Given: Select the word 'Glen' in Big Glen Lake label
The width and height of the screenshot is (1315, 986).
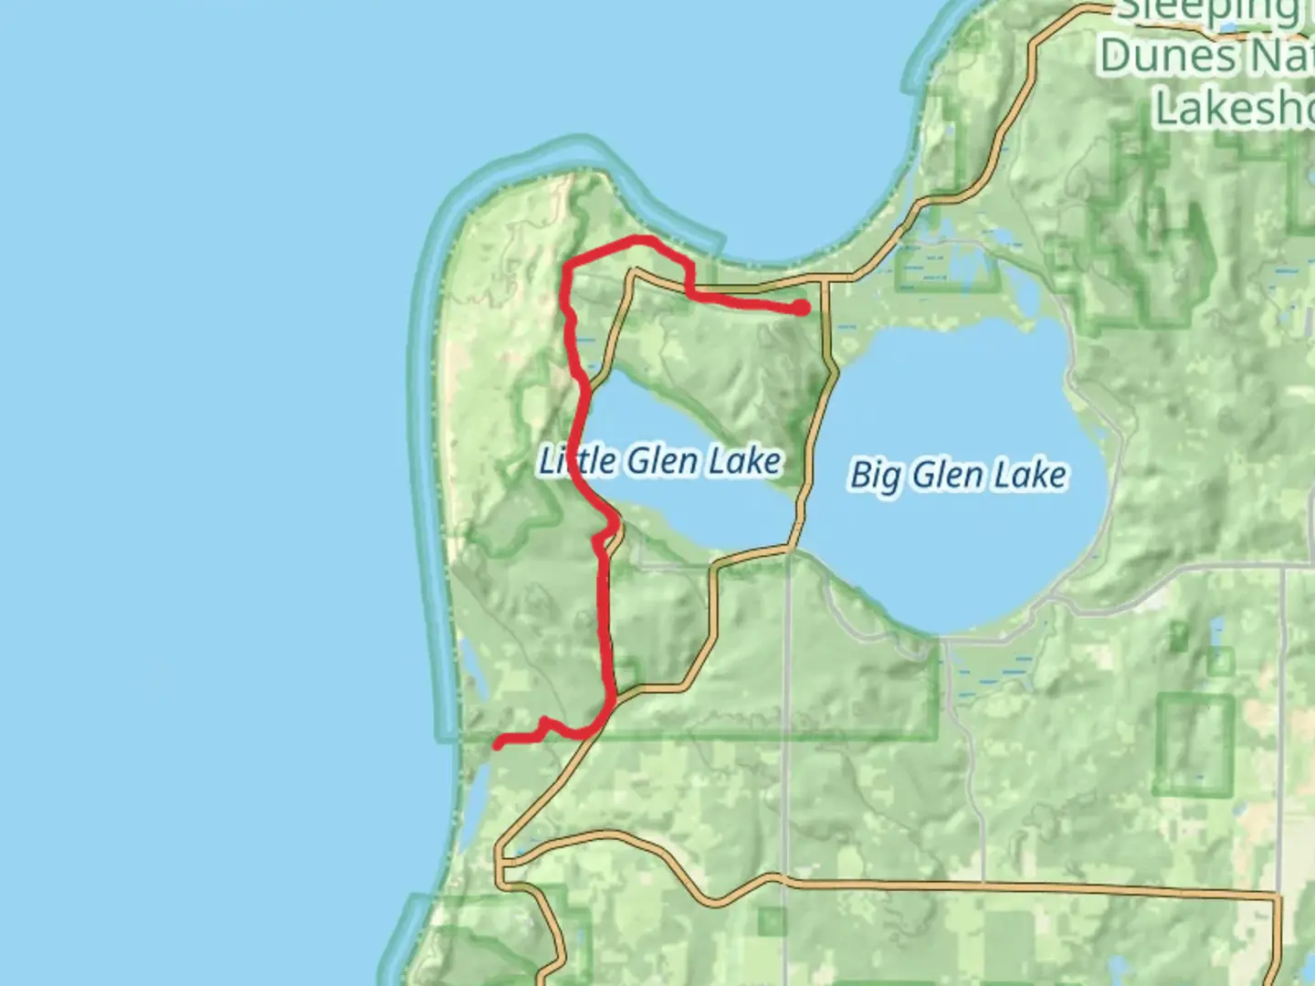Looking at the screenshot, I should click(x=950, y=475).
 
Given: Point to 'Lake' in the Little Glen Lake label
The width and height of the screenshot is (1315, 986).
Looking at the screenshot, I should click(x=747, y=461).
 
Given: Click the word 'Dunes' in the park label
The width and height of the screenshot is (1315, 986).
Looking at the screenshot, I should click(x=1154, y=57).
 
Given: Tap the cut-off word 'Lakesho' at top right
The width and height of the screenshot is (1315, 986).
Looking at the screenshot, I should click(x=1233, y=108).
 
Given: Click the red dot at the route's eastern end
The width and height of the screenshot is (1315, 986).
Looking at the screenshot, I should click(x=801, y=309).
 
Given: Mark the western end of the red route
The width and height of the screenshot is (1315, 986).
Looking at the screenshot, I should click(x=499, y=745).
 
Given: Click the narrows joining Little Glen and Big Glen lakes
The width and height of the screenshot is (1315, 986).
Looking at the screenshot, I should click(x=800, y=493).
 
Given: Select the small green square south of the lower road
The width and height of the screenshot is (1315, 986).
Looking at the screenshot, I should click(x=772, y=922).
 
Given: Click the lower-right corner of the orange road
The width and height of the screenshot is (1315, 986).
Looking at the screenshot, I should click(x=1278, y=899).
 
